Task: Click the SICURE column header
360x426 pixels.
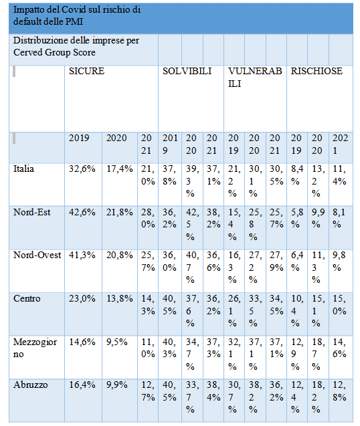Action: point(86,71)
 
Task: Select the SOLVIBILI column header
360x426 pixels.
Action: point(187,71)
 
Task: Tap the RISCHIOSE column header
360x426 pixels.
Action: point(317,71)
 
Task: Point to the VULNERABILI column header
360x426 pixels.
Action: point(255,78)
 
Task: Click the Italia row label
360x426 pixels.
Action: point(23,169)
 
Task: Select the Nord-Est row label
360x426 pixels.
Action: point(32,212)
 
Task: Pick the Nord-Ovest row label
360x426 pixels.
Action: point(37,255)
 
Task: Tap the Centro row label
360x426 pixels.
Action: point(27,298)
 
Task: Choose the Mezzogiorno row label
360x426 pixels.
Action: point(35,348)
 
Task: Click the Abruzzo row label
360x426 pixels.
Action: point(31,385)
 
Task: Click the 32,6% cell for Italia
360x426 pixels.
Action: point(82,169)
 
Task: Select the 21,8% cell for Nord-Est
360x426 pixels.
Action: point(119,212)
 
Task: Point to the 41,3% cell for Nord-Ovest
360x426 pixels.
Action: point(82,255)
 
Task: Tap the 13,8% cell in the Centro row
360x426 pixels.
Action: point(119,298)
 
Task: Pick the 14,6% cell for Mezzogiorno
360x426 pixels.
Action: point(82,342)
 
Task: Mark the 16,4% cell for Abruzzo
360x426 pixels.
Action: point(82,385)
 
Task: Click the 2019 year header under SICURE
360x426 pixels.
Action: point(79,138)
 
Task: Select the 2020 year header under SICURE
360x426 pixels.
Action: point(116,138)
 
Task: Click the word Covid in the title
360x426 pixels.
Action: point(73,10)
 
